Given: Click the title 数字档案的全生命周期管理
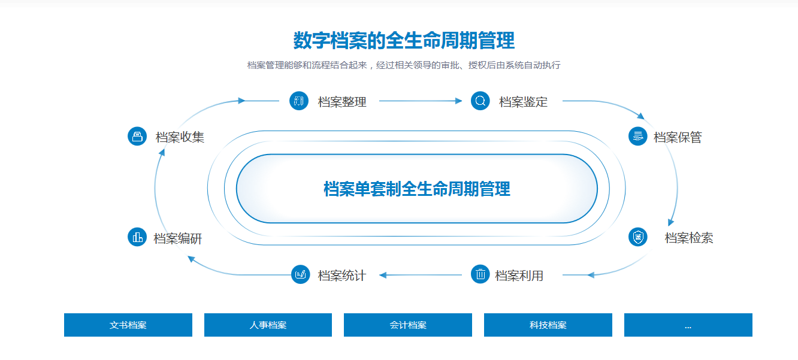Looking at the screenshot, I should (x=403, y=41).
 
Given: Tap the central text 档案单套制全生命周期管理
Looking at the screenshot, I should (x=416, y=189).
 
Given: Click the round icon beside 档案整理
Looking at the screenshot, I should (x=298, y=101).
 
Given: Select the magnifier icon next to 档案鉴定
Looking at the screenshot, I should (x=480, y=101).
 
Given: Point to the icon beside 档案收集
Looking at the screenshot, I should (x=137, y=136).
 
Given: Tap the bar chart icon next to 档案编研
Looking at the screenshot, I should (x=137, y=237).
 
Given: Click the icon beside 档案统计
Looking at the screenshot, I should (x=300, y=274).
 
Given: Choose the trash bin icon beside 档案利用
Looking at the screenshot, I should (x=480, y=274).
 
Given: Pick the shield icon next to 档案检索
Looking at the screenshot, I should (x=638, y=237).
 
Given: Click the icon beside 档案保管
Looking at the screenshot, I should (x=638, y=136).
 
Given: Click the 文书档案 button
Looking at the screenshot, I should (x=128, y=325).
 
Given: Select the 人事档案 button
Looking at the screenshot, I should (x=268, y=325).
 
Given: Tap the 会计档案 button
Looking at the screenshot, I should (x=408, y=325).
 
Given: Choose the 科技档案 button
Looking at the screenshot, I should (x=548, y=325).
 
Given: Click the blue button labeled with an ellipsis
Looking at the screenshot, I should (x=688, y=325).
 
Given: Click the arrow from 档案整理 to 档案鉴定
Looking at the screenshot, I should (x=420, y=101).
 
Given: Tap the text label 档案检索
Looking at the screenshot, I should (x=689, y=238).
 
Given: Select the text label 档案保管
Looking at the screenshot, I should (x=678, y=137).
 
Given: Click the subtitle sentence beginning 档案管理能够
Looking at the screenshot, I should (x=403, y=65).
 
